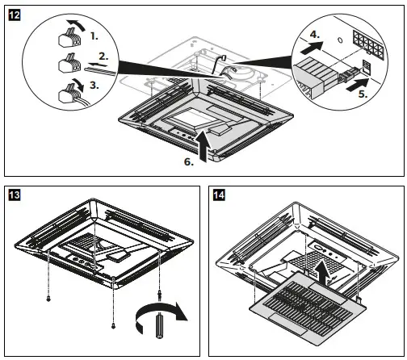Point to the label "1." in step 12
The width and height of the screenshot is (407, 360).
(x=96, y=37)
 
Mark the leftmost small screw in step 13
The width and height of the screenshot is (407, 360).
(x=48, y=298)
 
